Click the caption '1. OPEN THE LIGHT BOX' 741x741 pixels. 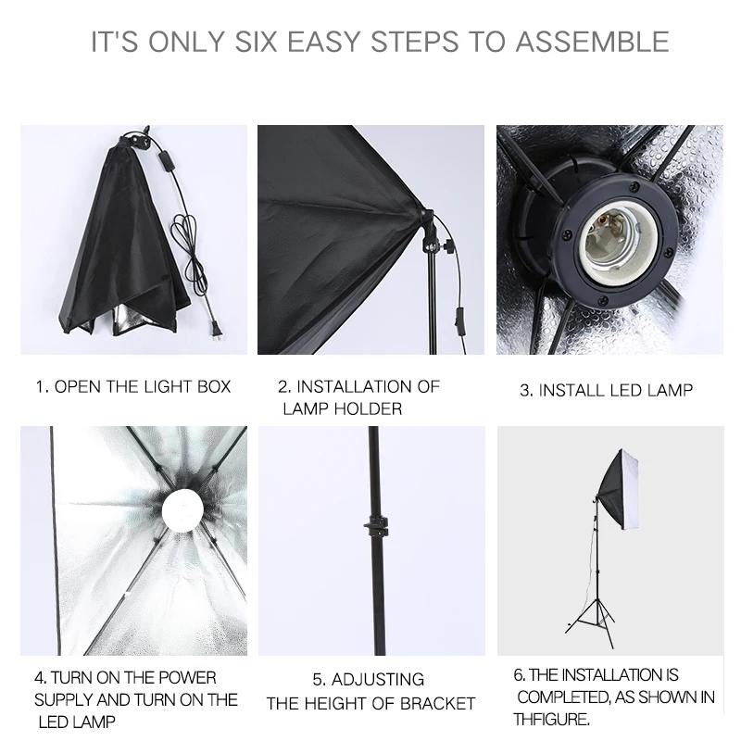133,385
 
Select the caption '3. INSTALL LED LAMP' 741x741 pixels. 606,390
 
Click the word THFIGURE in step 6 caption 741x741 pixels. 552,718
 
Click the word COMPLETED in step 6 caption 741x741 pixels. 563,697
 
